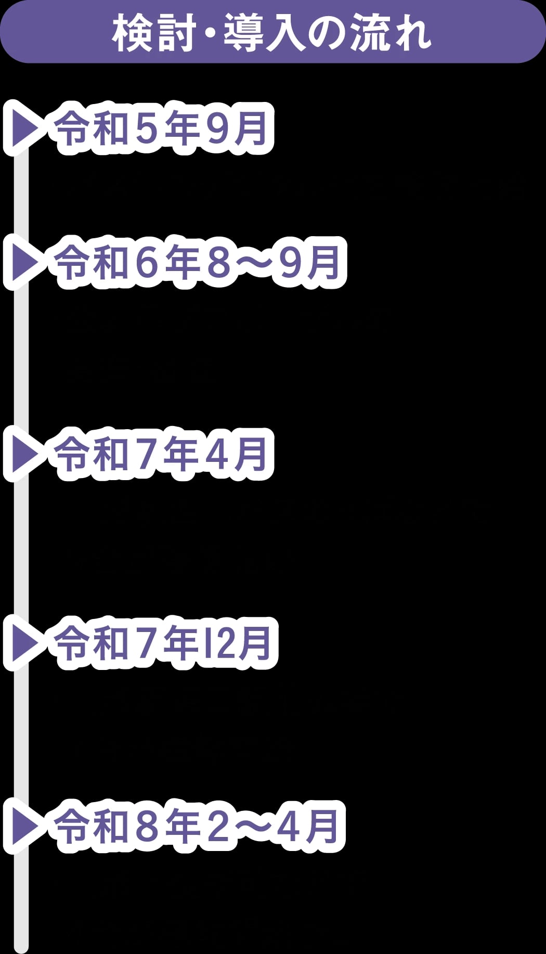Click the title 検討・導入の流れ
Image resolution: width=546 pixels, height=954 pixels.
point(271,32)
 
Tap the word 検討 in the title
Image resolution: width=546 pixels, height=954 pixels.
point(154,33)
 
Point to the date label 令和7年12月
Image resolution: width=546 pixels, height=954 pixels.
point(164,643)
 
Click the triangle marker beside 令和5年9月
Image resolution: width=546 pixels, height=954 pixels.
point(24,128)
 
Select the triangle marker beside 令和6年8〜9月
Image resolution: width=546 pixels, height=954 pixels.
point(24,262)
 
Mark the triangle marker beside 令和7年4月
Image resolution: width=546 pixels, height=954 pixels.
point(24,454)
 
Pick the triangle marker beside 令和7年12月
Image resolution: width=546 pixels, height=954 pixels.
point(24,643)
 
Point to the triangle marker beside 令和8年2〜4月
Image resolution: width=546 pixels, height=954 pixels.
point(24,826)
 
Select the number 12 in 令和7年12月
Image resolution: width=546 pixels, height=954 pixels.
point(219,643)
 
